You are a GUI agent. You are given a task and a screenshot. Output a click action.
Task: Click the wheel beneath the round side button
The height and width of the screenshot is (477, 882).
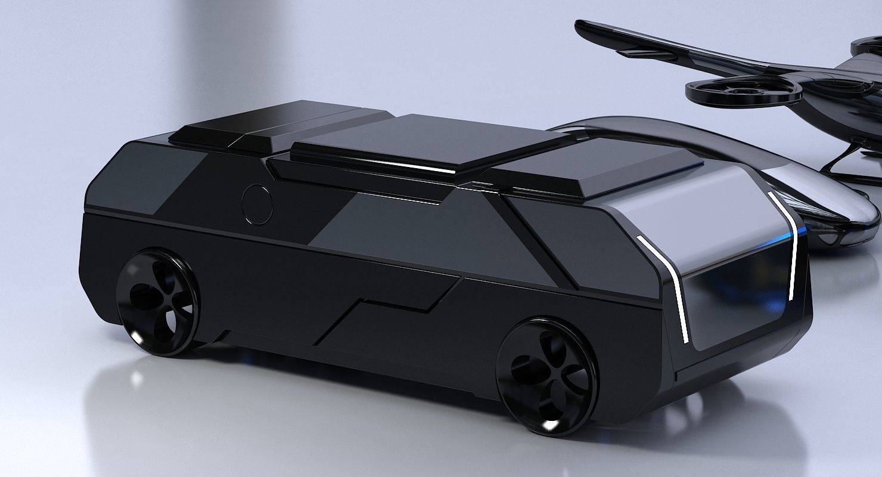pyautogui.click(x=157, y=303)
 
